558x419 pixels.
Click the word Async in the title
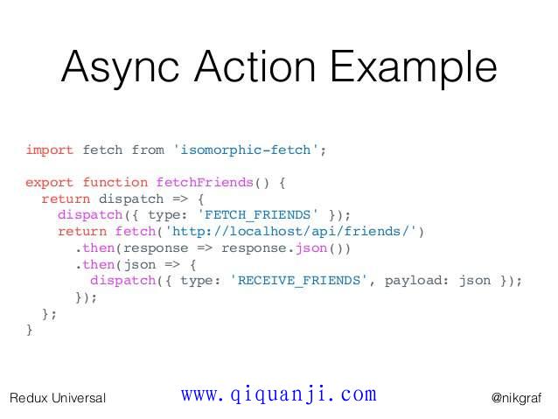120,67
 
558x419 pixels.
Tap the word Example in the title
414,67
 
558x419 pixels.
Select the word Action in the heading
255,66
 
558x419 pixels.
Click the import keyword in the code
50,150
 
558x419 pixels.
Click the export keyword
50,183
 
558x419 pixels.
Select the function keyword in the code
115,182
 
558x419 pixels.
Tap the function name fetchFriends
205,182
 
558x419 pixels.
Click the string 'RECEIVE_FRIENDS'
298,280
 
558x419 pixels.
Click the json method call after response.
311,248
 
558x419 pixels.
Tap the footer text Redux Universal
58,398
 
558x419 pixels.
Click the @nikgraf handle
516,398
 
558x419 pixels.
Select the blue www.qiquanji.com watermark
279,395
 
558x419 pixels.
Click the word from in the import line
148,150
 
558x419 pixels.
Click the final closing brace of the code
30,330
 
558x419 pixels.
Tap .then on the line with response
95,248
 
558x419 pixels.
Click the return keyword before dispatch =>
66,199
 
